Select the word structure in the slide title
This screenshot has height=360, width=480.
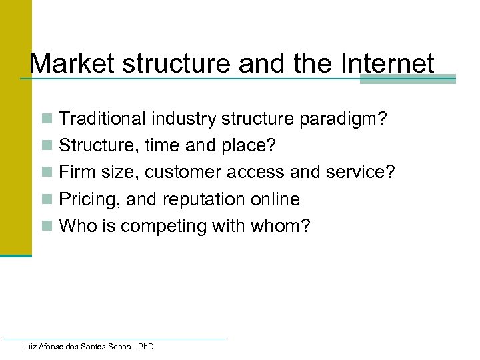169,64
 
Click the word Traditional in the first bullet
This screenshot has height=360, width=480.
102,119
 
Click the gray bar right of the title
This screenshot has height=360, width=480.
407,79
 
